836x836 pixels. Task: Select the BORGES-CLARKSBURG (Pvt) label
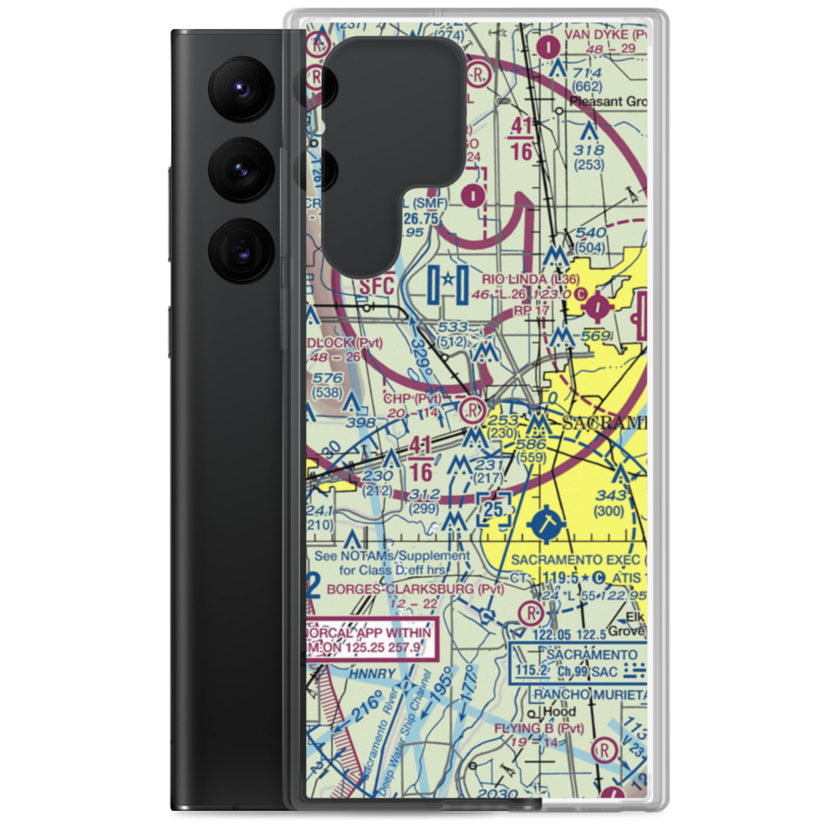tap(415, 589)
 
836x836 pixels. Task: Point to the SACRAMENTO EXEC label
tap(577, 559)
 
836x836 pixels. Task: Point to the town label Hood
tap(559, 712)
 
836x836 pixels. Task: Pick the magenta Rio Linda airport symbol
tap(597, 308)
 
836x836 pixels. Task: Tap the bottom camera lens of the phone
tap(240, 250)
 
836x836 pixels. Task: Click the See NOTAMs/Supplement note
tap(392, 563)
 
